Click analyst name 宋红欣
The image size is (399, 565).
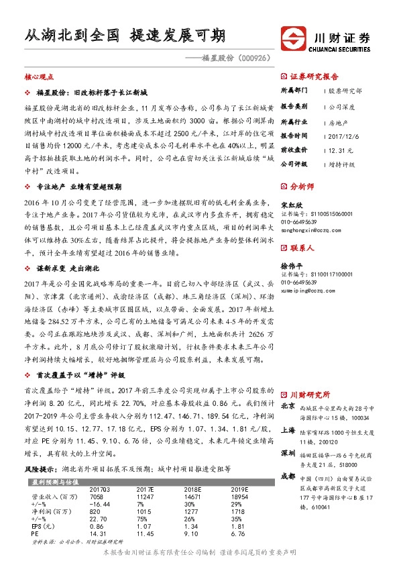(x=292, y=205)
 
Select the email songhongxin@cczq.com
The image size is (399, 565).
(x=308, y=229)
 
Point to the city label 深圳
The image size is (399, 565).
(x=288, y=453)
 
